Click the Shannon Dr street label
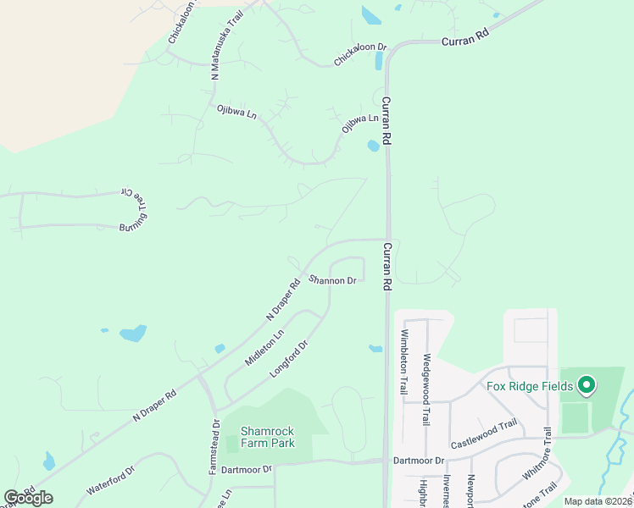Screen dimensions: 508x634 pos(332,280)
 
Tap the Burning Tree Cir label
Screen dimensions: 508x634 pos(136,213)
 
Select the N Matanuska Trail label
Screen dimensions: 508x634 pos(226,47)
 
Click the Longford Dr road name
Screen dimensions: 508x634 pos(287,358)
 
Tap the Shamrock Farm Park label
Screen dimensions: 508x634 pos(267,436)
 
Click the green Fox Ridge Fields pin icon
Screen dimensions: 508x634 pos(586,387)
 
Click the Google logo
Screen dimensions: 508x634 pos(28,498)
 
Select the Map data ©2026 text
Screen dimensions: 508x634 pos(598,501)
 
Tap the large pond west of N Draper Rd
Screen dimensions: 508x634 pos(133,333)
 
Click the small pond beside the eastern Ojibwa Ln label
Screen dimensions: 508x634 pos(372,146)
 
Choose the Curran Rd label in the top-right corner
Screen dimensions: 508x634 pos(465,39)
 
